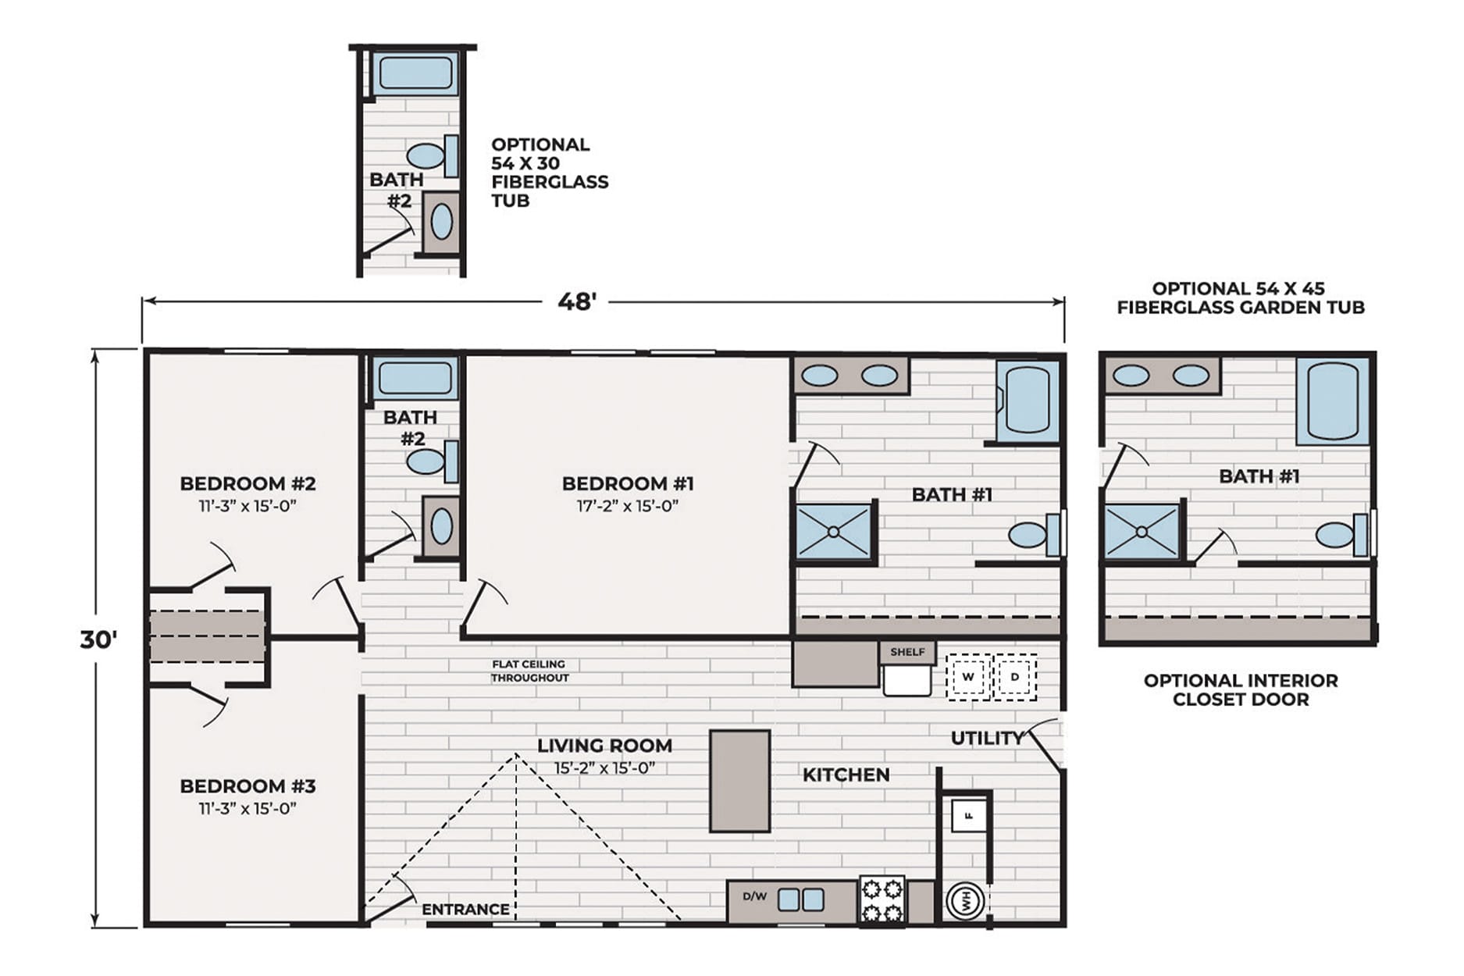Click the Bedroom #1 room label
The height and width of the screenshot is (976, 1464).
coord(628,483)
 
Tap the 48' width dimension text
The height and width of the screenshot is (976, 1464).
coord(577,301)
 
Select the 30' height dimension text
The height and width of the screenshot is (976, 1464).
coord(99,639)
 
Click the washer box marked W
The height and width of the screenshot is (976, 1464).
coord(968,676)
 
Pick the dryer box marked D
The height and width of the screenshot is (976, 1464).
coord(1014,676)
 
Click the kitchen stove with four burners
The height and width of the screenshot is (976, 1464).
coord(882,900)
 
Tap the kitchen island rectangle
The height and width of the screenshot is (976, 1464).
coord(739,781)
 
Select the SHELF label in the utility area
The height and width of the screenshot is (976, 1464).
coord(907,652)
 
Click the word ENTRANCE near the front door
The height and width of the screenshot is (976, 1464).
coord(465,909)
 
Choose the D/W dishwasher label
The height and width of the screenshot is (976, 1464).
coord(754,896)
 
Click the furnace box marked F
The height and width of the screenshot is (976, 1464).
coord(969,816)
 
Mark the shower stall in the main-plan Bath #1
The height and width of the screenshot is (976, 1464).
coord(833,532)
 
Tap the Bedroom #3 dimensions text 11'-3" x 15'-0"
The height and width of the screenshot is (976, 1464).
coord(248,809)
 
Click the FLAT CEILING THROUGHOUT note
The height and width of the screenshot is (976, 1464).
coord(529,671)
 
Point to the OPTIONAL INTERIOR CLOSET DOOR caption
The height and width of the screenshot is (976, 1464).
coord(1241,689)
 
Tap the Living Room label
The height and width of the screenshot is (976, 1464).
coord(604,746)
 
